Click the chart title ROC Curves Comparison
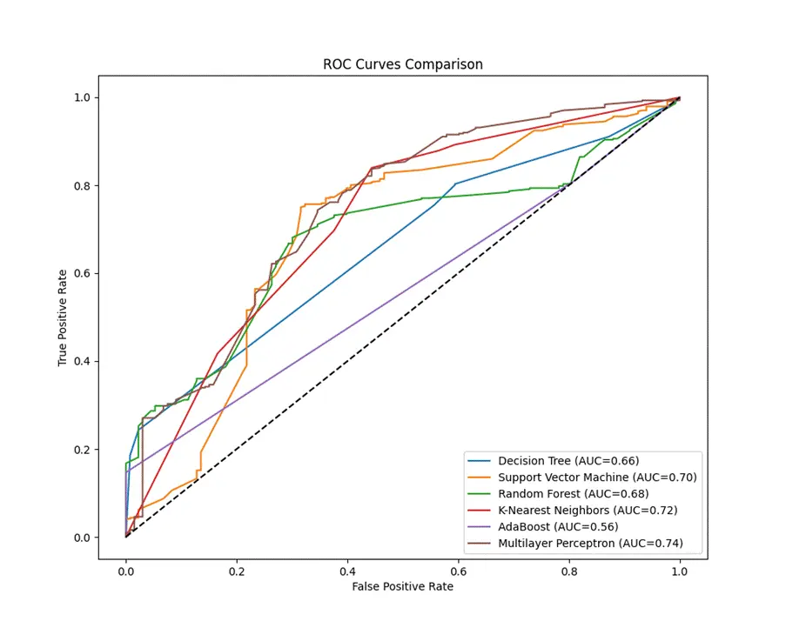pos(402,64)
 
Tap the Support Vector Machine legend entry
pos(597,478)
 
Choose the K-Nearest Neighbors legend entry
pos(588,511)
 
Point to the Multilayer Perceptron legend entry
pos(590,544)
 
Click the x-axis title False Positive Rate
pos(402,587)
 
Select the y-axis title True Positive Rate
pos(63,317)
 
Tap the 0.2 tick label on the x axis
pos(237,571)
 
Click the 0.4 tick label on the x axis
pos(347,571)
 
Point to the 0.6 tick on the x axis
pos(458,571)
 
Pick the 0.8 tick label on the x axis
pos(568,571)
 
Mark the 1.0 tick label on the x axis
pos(679,571)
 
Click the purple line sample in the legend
pos(480,527)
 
